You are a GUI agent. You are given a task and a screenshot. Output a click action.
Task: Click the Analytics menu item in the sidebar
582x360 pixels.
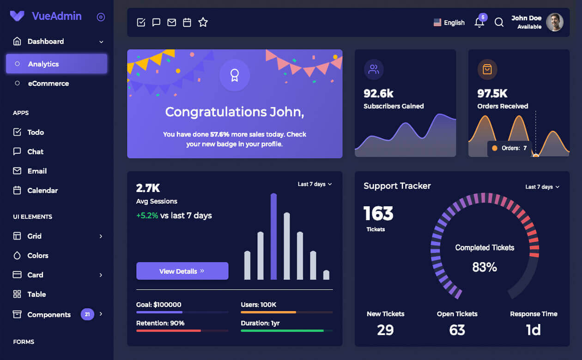pyautogui.click(x=56, y=64)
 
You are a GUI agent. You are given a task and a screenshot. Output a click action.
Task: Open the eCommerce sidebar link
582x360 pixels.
pyautogui.click(x=48, y=84)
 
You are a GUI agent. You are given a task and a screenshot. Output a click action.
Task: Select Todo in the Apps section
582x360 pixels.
pyautogui.click(x=35, y=132)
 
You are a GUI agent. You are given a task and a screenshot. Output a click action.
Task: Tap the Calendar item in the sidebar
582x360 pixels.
pyautogui.click(x=42, y=191)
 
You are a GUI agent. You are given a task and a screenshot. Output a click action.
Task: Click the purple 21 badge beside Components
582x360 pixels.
pyautogui.click(x=87, y=315)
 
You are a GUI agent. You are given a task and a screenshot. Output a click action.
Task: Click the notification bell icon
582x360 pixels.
pyautogui.click(x=479, y=23)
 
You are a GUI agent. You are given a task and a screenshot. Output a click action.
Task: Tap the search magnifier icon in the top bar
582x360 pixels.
pyautogui.click(x=499, y=23)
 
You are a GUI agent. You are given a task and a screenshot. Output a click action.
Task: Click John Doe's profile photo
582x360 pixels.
pyautogui.click(x=554, y=22)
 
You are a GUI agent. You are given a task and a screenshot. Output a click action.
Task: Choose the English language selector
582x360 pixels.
pyautogui.click(x=449, y=23)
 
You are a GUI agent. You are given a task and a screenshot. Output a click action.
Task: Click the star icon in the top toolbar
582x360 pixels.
pyautogui.click(x=203, y=22)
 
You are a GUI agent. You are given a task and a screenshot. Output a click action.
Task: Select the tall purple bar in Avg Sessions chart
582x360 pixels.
pyautogui.click(x=273, y=236)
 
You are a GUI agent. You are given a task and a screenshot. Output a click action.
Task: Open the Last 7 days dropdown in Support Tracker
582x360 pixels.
pyautogui.click(x=542, y=187)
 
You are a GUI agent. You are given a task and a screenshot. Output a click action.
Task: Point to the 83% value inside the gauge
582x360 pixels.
pyautogui.click(x=485, y=267)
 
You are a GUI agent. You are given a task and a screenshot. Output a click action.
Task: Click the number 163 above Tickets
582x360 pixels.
pyautogui.click(x=378, y=214)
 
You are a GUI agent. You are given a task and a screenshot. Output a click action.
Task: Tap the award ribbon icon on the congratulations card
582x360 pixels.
pyautogui.click(x=235, y=75)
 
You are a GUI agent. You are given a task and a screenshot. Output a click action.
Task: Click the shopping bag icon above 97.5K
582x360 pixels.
pyautogui.click(x=487, y=69)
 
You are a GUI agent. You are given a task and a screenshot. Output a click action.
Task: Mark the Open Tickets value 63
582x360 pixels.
pyautogui.click(x=457, y=330)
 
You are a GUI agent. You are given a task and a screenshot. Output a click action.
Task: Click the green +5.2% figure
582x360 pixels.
pyautogui.click(x=147, y=216)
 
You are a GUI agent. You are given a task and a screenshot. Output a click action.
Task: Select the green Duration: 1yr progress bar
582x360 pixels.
pyautogui.click(x=282, y=330)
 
